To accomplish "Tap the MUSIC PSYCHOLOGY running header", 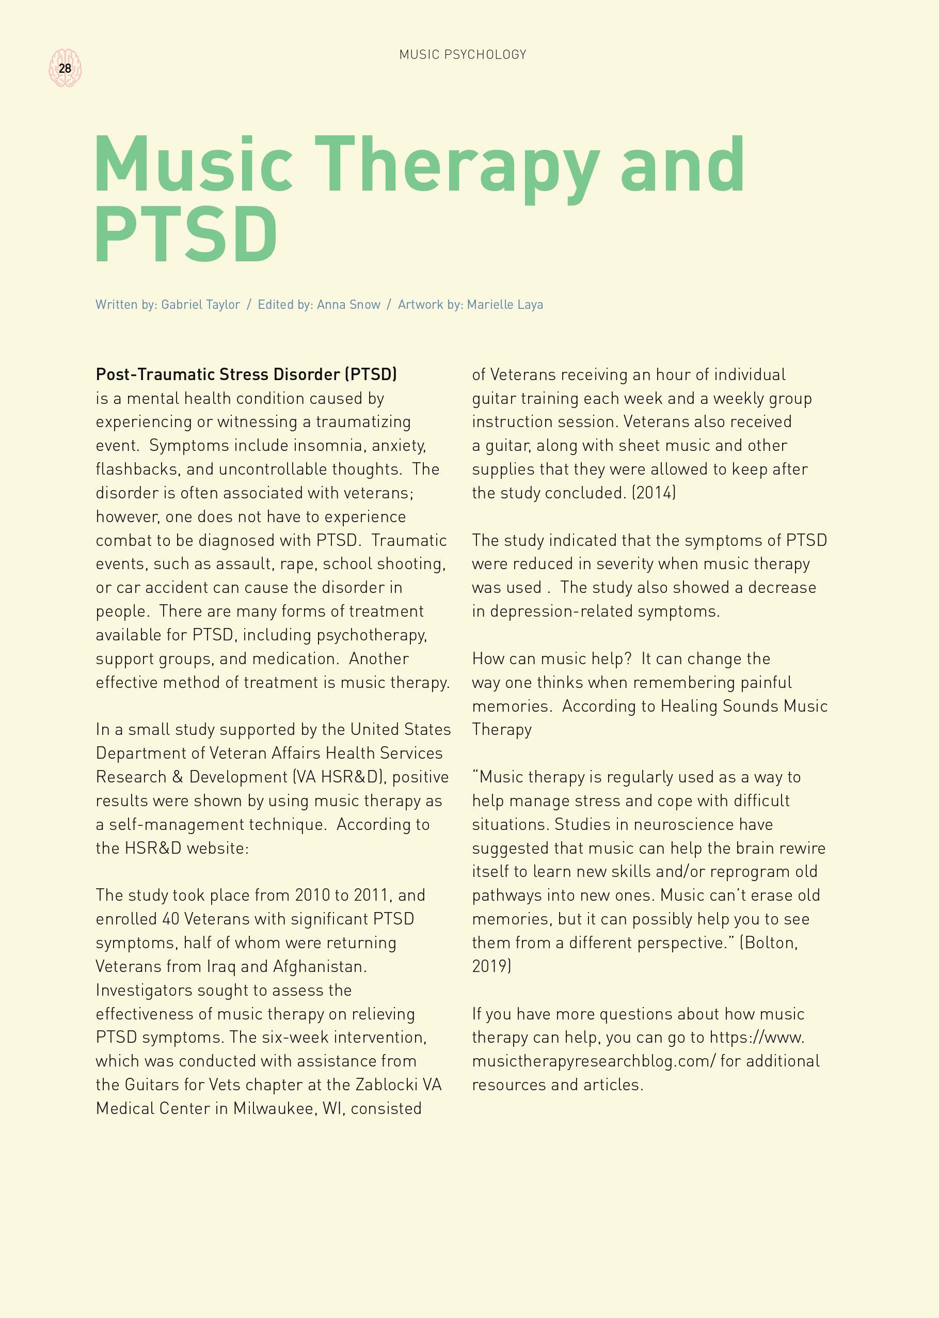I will point(463,54).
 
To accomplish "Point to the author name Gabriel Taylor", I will point(200,305).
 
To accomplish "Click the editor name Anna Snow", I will point(348,305).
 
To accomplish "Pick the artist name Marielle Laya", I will point(505,305).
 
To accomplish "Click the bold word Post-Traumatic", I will point(153,375).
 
